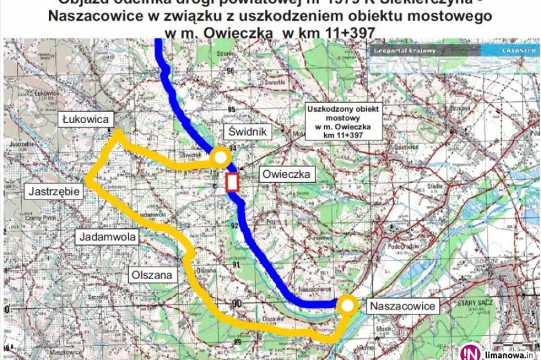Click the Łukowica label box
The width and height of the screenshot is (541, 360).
[87, 120]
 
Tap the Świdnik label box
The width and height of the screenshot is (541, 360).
[248, 132]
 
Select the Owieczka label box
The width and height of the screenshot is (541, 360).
[286, 175]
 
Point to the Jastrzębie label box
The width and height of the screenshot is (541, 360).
[54, 191]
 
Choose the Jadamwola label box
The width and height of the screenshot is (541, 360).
[103, 236]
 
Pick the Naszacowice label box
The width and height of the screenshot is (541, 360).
[403, 306]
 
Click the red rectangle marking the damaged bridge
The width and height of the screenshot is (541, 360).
[232, 183]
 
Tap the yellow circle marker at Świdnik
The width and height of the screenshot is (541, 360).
[219, 157]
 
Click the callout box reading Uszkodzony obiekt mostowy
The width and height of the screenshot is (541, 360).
[343, 121]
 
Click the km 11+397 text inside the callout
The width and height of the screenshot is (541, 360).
[343, 136]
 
